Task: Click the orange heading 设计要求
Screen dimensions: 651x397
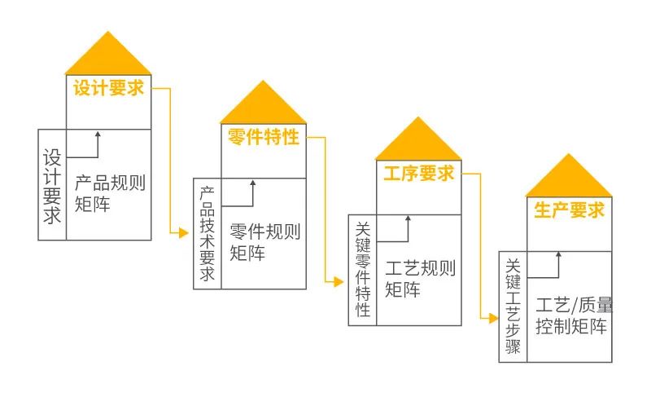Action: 108,88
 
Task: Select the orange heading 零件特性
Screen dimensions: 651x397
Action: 263,137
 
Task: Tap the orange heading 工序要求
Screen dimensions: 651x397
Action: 419,173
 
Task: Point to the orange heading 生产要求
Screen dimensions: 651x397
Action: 569,210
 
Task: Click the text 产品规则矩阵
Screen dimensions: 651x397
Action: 110,193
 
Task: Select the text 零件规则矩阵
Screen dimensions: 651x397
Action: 265,242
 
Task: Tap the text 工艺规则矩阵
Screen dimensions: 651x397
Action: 420,279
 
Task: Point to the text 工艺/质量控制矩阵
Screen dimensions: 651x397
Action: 574,315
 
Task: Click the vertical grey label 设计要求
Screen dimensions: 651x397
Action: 52,187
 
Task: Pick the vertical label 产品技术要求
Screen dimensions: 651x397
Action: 208,234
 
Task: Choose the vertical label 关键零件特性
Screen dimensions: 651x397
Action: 363,270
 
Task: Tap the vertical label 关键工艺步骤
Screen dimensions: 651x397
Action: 513,307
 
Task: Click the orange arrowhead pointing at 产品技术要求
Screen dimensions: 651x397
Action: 184,233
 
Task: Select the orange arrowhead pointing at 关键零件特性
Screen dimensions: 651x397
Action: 339,282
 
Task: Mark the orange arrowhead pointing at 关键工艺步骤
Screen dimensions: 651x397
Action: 494,319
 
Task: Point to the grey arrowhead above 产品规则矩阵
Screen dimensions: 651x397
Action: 98,135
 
